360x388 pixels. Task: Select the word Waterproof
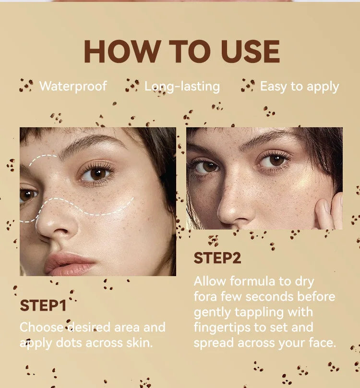tap(73, 86)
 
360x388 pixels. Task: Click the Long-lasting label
tap(182, 86)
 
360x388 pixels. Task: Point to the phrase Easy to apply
tap(300, 86)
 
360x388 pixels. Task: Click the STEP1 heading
tap(43, 305)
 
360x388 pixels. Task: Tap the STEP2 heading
tap(217, 258)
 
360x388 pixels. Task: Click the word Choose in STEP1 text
tap(41, 328)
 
